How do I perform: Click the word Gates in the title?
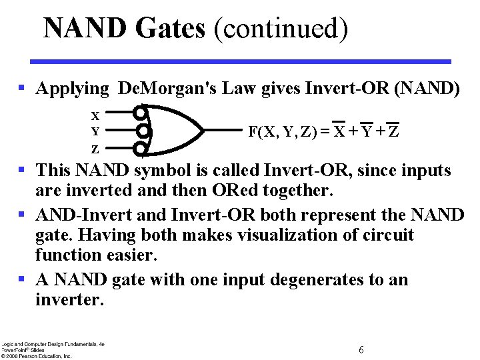tap(169, 29)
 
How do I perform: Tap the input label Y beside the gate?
tap(95, 131)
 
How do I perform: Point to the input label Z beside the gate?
tap(95, 149)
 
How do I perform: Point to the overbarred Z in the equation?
tap(394, 131)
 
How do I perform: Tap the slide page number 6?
tap(361, 350)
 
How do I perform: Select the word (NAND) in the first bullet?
tap(427, 89)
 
